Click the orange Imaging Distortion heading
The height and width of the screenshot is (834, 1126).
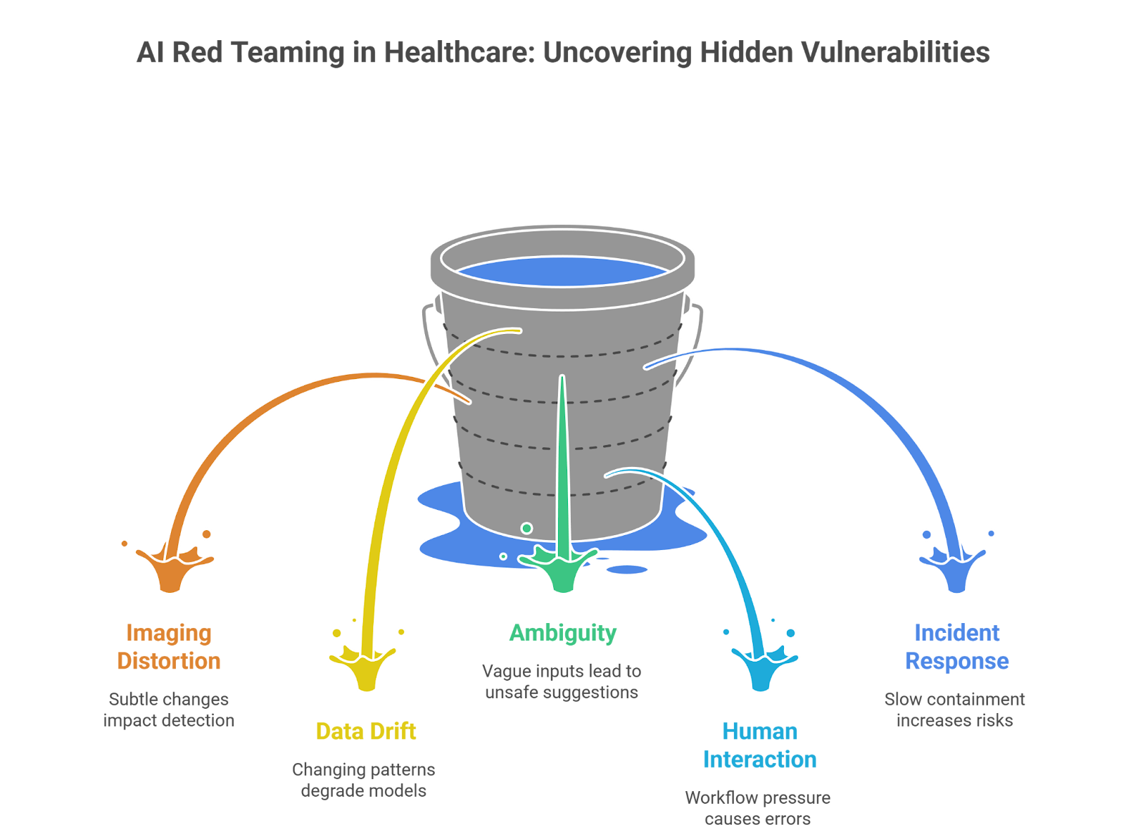tap(169, 647)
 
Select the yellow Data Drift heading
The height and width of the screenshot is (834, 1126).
tap(366, 731)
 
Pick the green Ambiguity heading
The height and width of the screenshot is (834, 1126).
tap(563, 633)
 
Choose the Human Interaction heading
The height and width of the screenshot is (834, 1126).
tap(760, 745)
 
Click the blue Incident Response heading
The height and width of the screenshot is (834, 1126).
tap(956, 647)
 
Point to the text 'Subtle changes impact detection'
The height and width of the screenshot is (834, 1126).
tap(169, 710)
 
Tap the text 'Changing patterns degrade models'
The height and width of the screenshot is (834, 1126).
tap(364, 780)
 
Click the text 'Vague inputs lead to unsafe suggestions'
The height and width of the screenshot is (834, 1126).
tap(562, 681)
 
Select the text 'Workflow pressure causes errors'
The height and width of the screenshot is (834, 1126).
tap(758, 808)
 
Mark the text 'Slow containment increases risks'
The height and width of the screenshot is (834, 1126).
tap(955, 710)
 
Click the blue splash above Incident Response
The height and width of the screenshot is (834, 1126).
tap(955, 567)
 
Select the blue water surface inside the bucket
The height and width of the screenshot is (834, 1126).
tap(562, 272)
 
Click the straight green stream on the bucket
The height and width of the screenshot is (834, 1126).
tap(562, 457)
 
